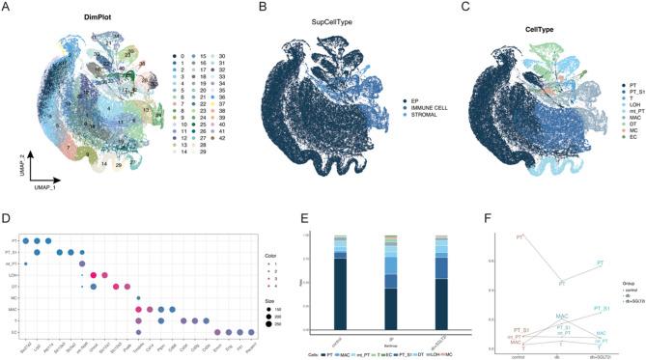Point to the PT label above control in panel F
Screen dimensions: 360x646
click(x=520, y=236)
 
